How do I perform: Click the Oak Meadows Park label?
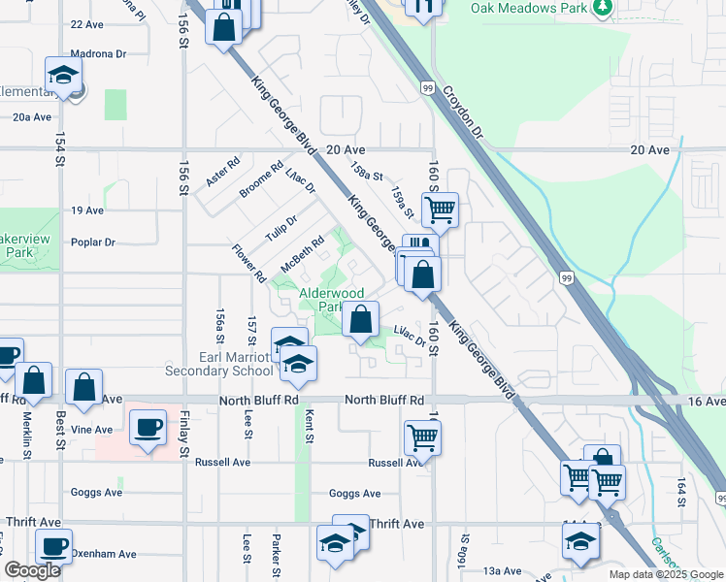(x=529, y=8)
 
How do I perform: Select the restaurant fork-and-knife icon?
(x=423, y=8)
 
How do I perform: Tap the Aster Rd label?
(x=222, y=174)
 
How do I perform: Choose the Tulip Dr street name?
(x=280, y=230)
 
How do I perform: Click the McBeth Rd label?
(x=302, y=255)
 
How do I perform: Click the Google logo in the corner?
(x=33, y=570)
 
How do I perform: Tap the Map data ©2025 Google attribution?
(x=666, y=574)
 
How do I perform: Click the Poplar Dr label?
(x=92, y=242)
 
